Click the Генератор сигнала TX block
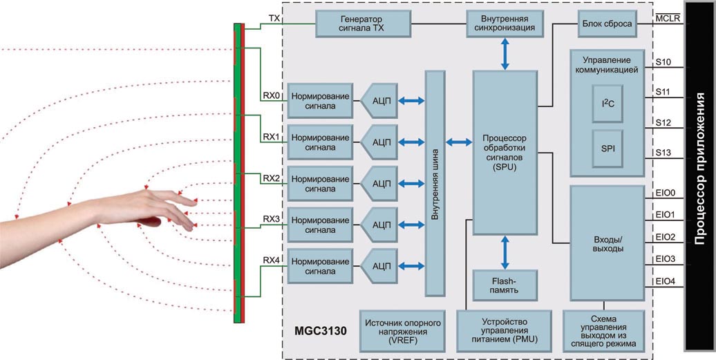pyautogui.click(x=363, y=23)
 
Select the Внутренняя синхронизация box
pyautogui.click(x=505, y=23)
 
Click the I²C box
pyautogui.click(x=607, y=104)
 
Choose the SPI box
pyautogui.click(x=607, y=149)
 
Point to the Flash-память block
pyautogui.click(x=505, y=285)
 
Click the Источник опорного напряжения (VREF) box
pyautogui.click(x=402, y=331)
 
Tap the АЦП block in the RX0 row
pyautogui.click(x=379, y=101)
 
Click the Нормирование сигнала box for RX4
pyautogui.click(x=320, y=267)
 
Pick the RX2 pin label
pyautogui.click(x=271, y=178)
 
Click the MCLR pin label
pyautogui.click(x=668, y=19)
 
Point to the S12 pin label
pyautogui.click(x=663, y=123)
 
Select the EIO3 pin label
pyautogui.click(x=666, y=259)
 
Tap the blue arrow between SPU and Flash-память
pyautogui.click(x=505, y=252)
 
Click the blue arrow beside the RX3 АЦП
pyautogui.click(x=411, y=225)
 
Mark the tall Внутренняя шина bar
pyautogui.click(x=435, y=183)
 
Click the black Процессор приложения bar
pyautogui.click(x=699, y=176)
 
